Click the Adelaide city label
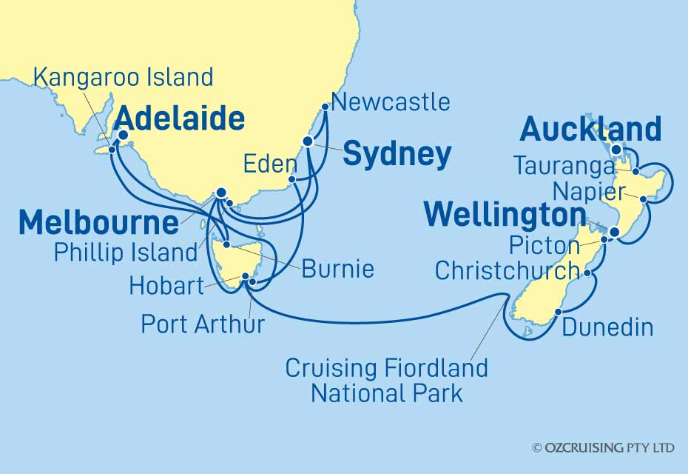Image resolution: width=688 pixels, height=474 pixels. [180, 118]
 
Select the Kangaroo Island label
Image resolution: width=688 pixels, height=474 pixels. [124, 76]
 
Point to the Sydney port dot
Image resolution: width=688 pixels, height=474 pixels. [308, 141]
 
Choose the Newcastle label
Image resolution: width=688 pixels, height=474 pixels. [391, 101]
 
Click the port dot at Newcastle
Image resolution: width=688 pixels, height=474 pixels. [324, 107]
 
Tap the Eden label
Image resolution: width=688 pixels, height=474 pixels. [269, 163]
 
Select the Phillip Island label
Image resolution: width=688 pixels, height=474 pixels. [125, 252]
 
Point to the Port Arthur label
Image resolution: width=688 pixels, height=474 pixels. [202, 324]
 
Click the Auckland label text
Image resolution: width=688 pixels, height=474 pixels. [590, 130]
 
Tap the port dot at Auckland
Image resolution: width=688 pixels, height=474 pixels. [616, 150]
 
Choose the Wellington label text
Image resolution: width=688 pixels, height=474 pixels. [501, 216]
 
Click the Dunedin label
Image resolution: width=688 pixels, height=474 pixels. [607, 327]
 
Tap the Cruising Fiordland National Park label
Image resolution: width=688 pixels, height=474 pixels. [386, 379]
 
